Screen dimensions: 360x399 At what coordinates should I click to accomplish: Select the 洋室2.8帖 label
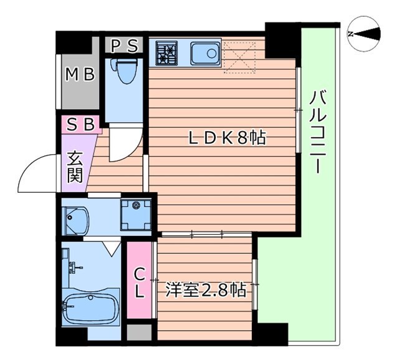205,289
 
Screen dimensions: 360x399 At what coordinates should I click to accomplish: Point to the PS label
125,45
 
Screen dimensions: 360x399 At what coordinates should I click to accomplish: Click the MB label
80,75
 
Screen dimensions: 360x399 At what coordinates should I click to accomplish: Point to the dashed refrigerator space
240,56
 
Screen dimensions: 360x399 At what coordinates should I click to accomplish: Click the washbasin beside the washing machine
77,218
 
